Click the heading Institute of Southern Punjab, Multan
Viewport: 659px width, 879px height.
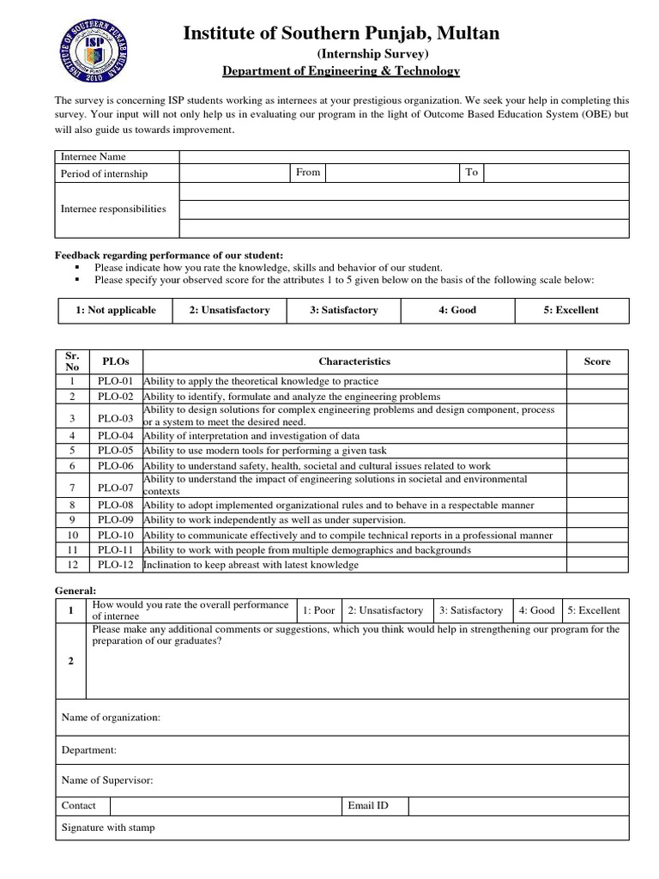(341, 33)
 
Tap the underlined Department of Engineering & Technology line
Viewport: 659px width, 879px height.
(341, 71)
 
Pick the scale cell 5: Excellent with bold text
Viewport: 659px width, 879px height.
(571, 310)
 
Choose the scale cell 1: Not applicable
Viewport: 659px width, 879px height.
(115, 310)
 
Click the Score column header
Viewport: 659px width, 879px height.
(597, 361)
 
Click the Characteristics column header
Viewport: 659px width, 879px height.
(354, 361)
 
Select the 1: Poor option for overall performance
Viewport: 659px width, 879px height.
(318, 610)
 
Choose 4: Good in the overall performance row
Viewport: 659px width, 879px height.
(536, 610)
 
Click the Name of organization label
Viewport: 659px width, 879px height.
(111, 718)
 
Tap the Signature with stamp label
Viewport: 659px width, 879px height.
(108, 828)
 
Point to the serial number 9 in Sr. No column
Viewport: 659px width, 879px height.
(73, 519)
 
